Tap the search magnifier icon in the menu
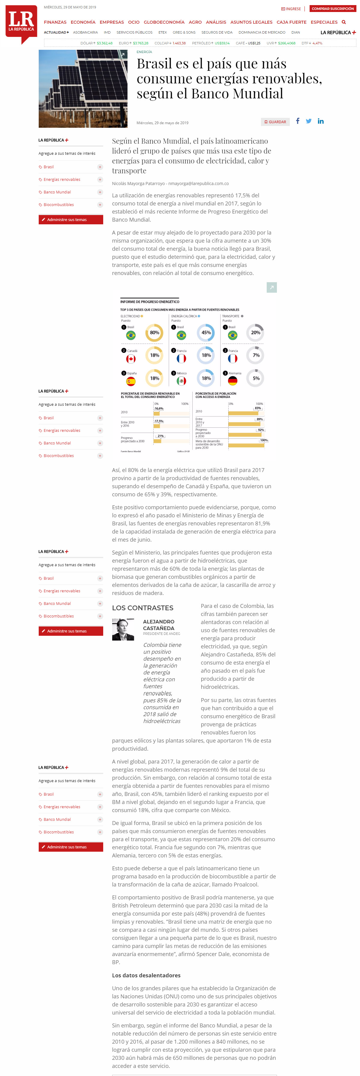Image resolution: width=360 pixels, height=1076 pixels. pos(344,22)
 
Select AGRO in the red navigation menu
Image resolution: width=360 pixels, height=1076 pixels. pos(195,22)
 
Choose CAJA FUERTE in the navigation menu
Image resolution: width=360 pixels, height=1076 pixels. pos(291,22)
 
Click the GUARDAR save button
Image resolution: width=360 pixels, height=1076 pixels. pos(275,122)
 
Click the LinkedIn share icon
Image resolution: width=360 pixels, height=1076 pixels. pos(320,121)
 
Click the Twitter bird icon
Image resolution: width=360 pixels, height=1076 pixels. pos(309,121)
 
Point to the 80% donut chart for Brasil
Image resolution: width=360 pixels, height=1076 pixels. pos(154,333)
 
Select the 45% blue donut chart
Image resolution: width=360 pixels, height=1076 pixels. pos(206,333)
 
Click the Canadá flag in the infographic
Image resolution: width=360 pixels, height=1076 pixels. pos(131,358)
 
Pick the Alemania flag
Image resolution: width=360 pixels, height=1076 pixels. pos(232,381)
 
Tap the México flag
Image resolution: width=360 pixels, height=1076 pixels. pos(181,381)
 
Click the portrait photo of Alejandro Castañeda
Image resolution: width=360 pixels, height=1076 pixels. pos(123,629)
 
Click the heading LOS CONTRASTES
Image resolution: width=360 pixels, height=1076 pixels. pos(142,608)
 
